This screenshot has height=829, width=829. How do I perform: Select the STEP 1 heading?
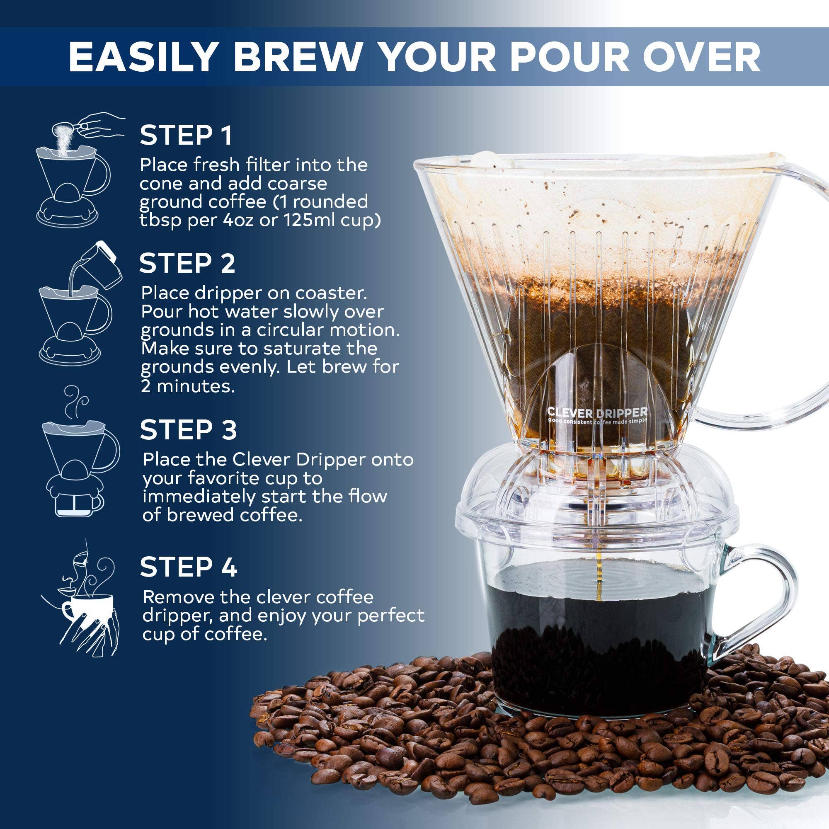pos(186,135)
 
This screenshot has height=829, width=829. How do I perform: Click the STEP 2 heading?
pos(187,263)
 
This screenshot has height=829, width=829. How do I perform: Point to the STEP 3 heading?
pos(188,429)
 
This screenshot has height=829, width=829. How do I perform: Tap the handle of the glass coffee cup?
pos(759,600)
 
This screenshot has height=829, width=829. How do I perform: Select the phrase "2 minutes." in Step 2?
pos(188,386)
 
